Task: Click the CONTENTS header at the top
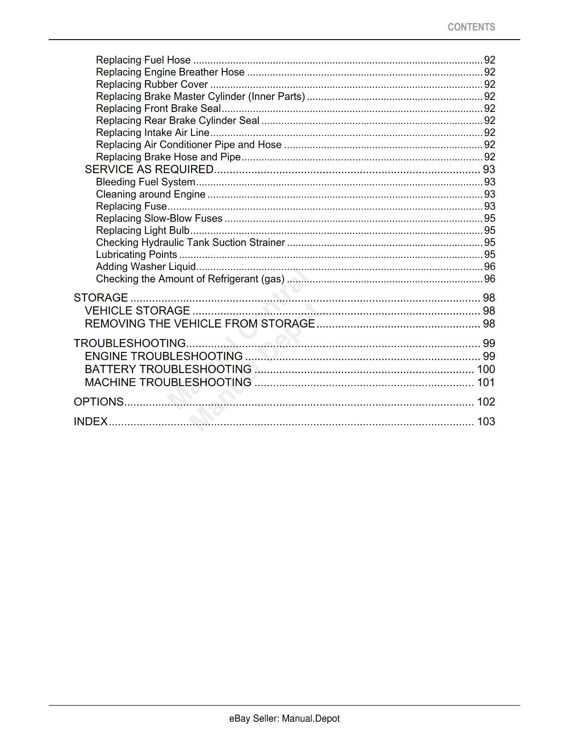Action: (471, 27)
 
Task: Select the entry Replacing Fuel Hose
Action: (143, 60)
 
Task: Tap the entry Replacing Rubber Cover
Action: (152, 84)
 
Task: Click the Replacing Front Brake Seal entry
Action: (158, 108)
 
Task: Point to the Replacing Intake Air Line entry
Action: (152, 133)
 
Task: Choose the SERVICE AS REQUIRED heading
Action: (149, 170)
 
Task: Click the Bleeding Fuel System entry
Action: (145, 182)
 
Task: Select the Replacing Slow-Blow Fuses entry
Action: (159, 218)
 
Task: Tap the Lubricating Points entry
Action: (136, 254)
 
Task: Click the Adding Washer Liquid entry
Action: (146, 267)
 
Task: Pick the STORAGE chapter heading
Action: (101, 298)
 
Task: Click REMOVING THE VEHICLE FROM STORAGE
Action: (200, 323)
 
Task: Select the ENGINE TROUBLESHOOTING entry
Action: (163, 356)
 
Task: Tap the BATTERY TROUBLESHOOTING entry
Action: (168, 369)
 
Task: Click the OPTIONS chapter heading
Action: (99, 402)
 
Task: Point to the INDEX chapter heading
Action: (91, 421)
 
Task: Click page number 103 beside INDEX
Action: (486, 421)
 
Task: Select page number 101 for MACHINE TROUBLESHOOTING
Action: (486, 382)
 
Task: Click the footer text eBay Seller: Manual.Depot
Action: (284, 719)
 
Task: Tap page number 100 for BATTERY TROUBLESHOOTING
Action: (486, 369)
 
